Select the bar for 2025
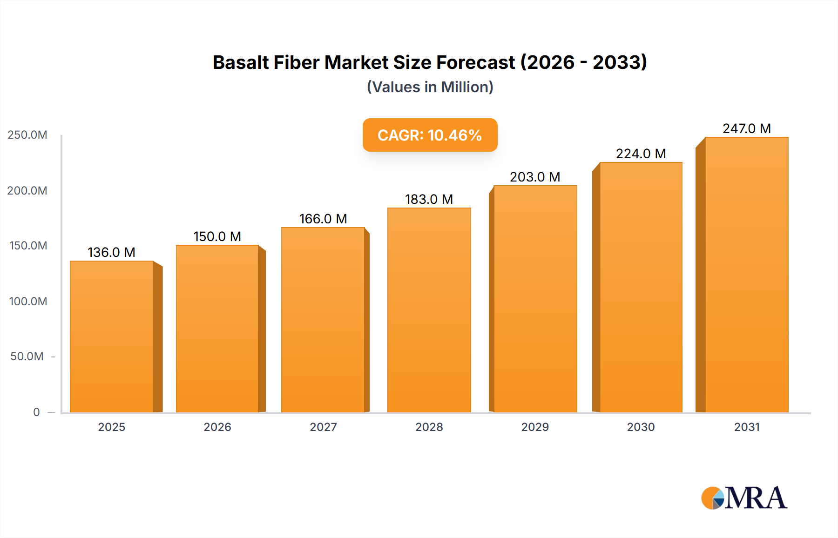(x=112, y=336)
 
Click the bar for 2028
(x=429, y=310)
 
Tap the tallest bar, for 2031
(x=746, y=275)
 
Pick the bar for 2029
(x=535, y=299)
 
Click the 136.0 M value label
(x=111, y=252)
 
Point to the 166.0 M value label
(x=323, y=219)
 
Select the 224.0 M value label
(x=641, y=154)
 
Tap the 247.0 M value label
(x=746, y=128)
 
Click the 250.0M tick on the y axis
(x=27, y=135)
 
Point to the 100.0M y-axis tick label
(x=28, y=301)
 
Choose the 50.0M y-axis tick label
(x=27, y=356)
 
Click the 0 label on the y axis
(x=36, y=412)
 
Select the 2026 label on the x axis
(x=217, y=427)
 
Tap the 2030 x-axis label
(x=641, y=427)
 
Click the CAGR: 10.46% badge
(x=430, y=135)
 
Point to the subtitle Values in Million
(x=430, y=87)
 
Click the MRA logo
(x=743, y=498)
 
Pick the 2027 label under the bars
(x=323, y=427)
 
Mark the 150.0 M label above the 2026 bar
(x=217, y=236)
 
